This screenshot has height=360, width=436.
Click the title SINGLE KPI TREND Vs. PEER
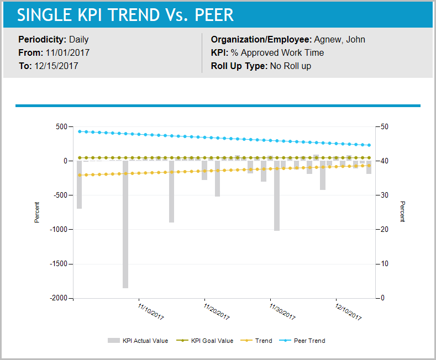coord(125,15)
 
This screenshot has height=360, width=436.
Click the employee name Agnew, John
coord(339,40)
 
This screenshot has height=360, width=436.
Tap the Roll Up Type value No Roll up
coord(290,66)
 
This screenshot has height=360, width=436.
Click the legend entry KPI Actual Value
coord(145,341)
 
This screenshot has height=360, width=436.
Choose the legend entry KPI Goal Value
coord(212,341)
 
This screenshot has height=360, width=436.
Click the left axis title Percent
coord(37,213)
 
